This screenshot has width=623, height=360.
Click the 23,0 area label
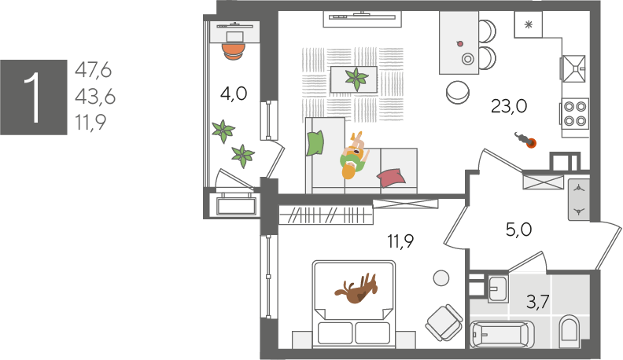509,106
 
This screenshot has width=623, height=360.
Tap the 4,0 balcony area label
234,94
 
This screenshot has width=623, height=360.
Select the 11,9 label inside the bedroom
400,241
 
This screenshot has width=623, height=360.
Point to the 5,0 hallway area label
519,230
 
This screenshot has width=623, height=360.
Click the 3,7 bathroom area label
538,302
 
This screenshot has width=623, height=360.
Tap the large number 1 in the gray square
33,97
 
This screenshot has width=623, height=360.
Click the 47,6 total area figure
94,70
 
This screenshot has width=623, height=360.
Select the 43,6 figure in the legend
95,97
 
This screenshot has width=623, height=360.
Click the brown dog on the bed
356,288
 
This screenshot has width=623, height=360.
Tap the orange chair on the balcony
233,51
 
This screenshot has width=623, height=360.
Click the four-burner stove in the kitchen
574,113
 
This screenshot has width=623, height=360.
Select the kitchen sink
573,68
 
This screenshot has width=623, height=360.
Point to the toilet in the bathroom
569,329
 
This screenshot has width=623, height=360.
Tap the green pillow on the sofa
315,143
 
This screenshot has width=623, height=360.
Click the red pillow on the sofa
391,178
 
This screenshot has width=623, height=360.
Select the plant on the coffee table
356,79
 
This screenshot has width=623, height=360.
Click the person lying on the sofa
353,156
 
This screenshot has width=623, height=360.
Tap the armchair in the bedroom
444,322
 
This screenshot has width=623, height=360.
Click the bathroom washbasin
497,288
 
